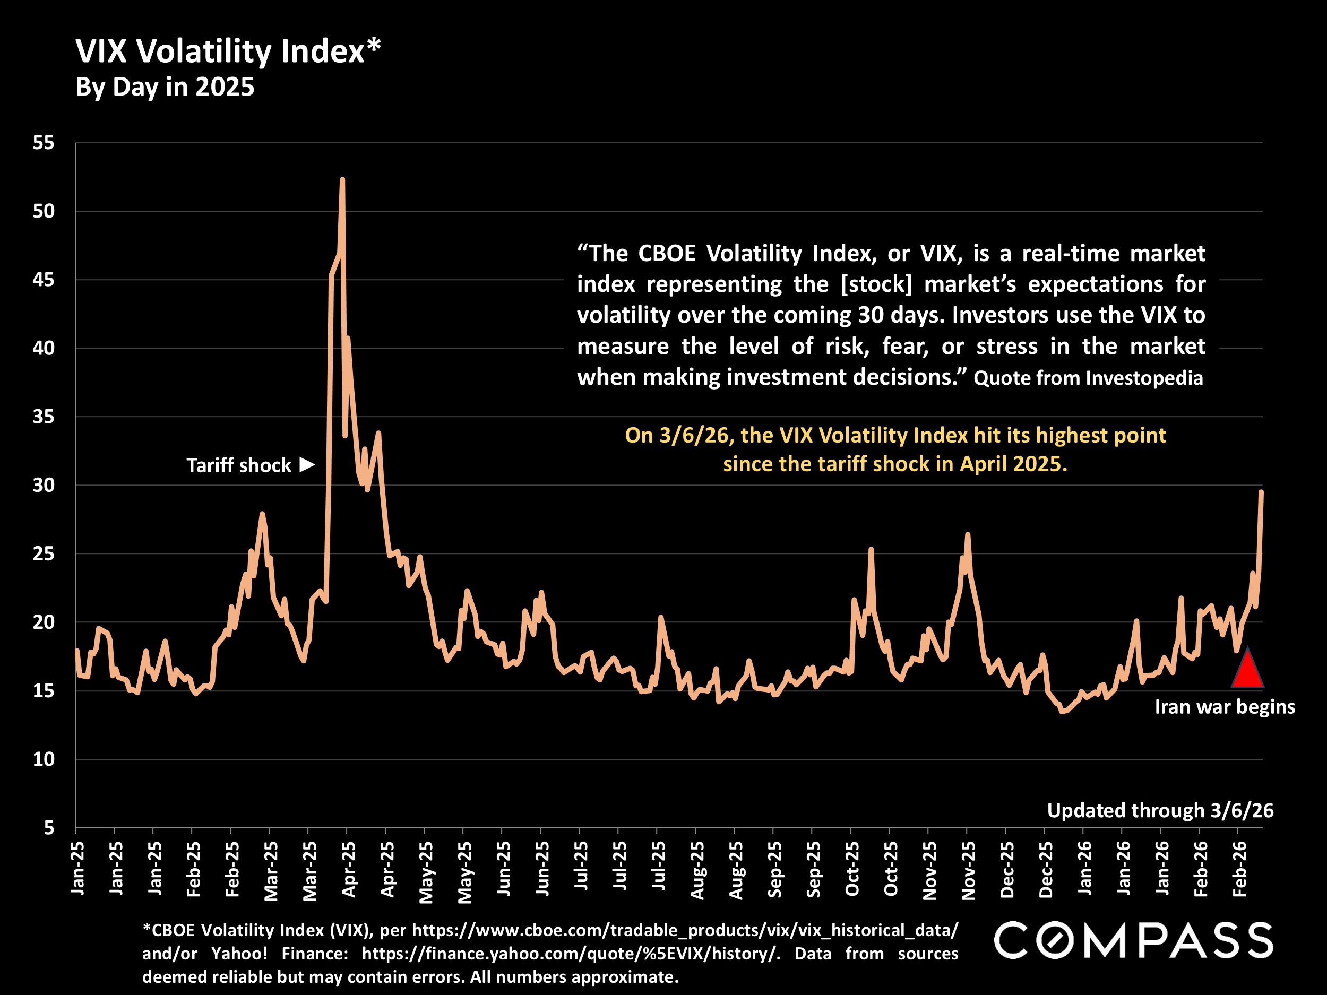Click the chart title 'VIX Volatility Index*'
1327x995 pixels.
[x=228, y=51]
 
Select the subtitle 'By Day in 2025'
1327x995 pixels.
[x=165, y=87]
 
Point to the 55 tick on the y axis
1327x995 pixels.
[x=43, y=143]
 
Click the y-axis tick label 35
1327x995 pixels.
[x=43, y=416]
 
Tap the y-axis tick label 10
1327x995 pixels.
[x=43, y=759]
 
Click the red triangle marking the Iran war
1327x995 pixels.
[x=1247, y=669]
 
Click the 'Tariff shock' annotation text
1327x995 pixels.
[x=239, y=465]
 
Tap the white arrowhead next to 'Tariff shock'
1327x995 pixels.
[x=307, y=464]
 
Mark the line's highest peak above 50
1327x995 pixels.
[x=342, y=179]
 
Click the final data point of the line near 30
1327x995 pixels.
[x=1261, y=492]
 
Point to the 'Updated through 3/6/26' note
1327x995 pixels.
[x=1160, y=810]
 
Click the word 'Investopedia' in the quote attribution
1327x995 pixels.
[x=1144, y=378]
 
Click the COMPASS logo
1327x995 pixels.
[x=1133, y=940]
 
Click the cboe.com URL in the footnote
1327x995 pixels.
[x=685, y=930]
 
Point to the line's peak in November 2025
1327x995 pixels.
[x=968, y=534]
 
